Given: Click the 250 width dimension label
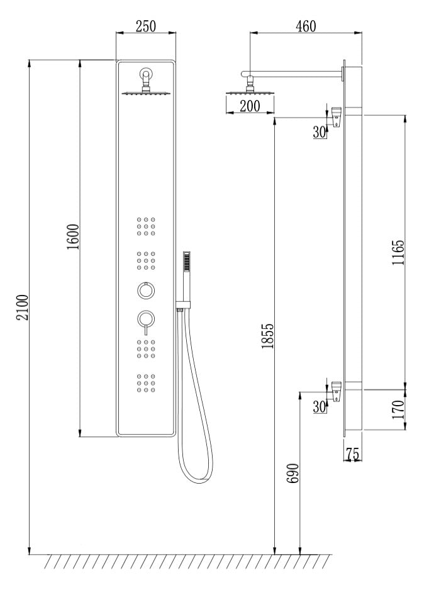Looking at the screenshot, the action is click(x=146, y=26).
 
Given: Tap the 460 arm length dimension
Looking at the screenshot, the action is click(x=306, y=26).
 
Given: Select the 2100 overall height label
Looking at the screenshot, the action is click(x=22, y=307).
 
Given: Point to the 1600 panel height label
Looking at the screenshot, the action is click(x=73, y=236).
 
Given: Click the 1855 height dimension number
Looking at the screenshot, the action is click(x=267, y=336).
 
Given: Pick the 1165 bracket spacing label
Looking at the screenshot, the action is click(x=398, y=252).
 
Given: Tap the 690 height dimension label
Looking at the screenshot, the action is click(x=292, y=473).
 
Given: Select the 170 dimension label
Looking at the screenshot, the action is click(x=398, y=409).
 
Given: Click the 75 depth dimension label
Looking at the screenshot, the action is click(x=353, y=453).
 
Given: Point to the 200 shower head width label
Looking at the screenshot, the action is click(x=250, y=106).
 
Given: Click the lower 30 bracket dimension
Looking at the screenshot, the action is click(x=320, y=406).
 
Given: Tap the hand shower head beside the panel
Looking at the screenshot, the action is click(x=186, y=261).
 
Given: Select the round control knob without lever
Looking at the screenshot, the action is click(x=146, y=291).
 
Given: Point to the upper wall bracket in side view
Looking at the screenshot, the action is click(x=337, y=116).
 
